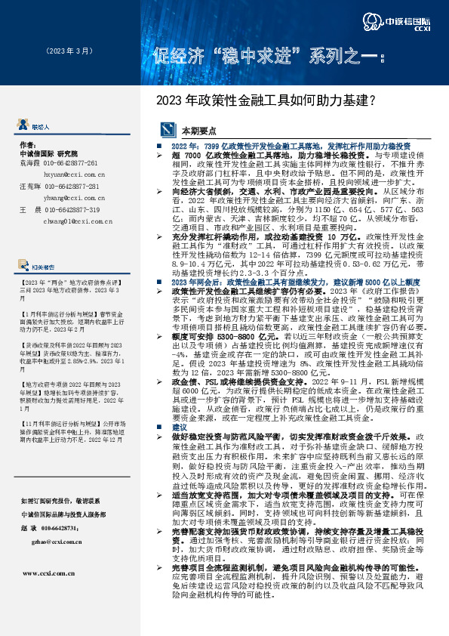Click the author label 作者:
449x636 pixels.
pyautogui.click(x=28, y=144)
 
